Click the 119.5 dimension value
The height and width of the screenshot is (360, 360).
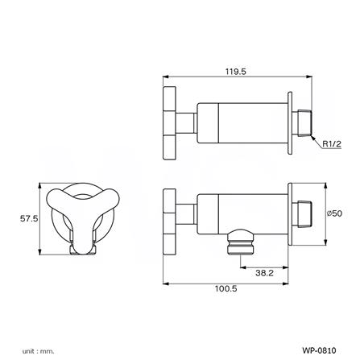(235, 72)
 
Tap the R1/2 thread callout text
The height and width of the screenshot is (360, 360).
(332, 144)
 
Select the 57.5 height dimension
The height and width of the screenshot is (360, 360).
(29, 218)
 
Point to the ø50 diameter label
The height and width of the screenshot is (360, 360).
(334, 213)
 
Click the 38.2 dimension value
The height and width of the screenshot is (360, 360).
(264, 273)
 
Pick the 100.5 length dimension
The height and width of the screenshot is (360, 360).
(226, 288)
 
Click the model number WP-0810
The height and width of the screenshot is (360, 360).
(319, 350)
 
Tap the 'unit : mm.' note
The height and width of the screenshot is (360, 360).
(38, 351)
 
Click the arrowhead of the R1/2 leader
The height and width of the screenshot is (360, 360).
(312, 138)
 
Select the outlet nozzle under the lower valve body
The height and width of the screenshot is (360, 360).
(241, 242)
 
